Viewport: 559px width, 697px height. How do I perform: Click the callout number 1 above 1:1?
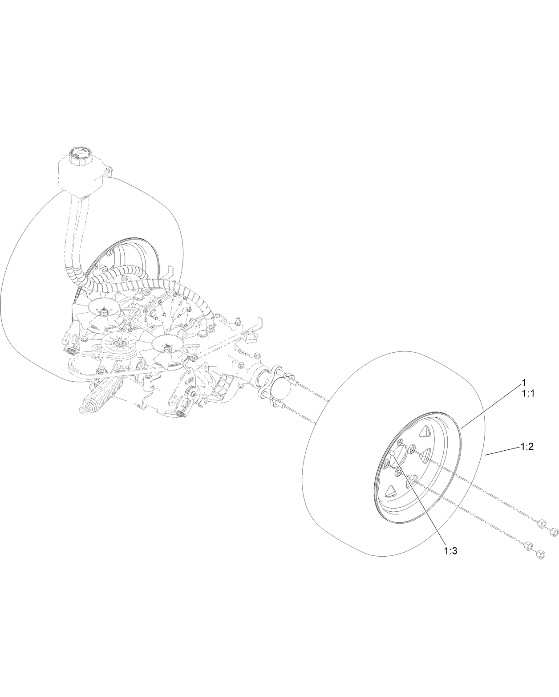tap(524, 382)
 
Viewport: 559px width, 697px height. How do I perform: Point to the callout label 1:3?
tap(450, 551)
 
